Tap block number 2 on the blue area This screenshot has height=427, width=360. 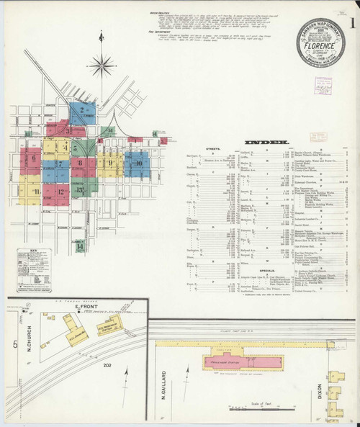click(83, 110)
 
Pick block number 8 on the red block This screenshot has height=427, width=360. click(80, 163)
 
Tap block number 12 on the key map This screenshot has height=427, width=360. click(60, 192)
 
